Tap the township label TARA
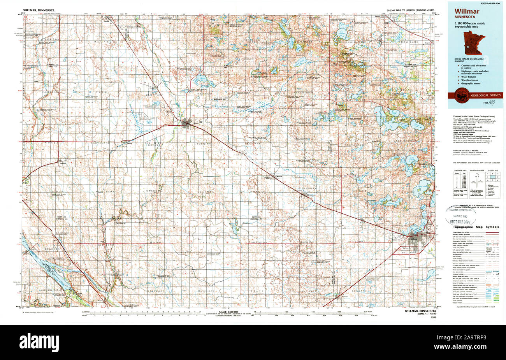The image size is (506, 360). point(102,92)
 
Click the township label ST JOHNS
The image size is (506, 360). point(355,242)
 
